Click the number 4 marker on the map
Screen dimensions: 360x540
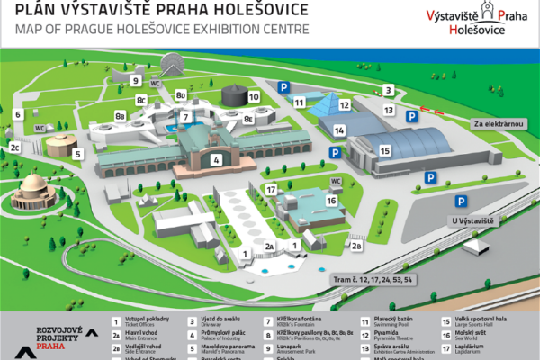(x=216, y=160)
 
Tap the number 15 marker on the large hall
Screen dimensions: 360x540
(x=385, y=150)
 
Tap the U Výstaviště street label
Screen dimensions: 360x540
(x=472, y=220)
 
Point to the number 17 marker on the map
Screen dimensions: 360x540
(x=270, y=190)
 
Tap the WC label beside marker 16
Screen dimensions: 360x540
(x=335, y=181)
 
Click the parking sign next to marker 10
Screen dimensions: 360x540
(x=283, y=86)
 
